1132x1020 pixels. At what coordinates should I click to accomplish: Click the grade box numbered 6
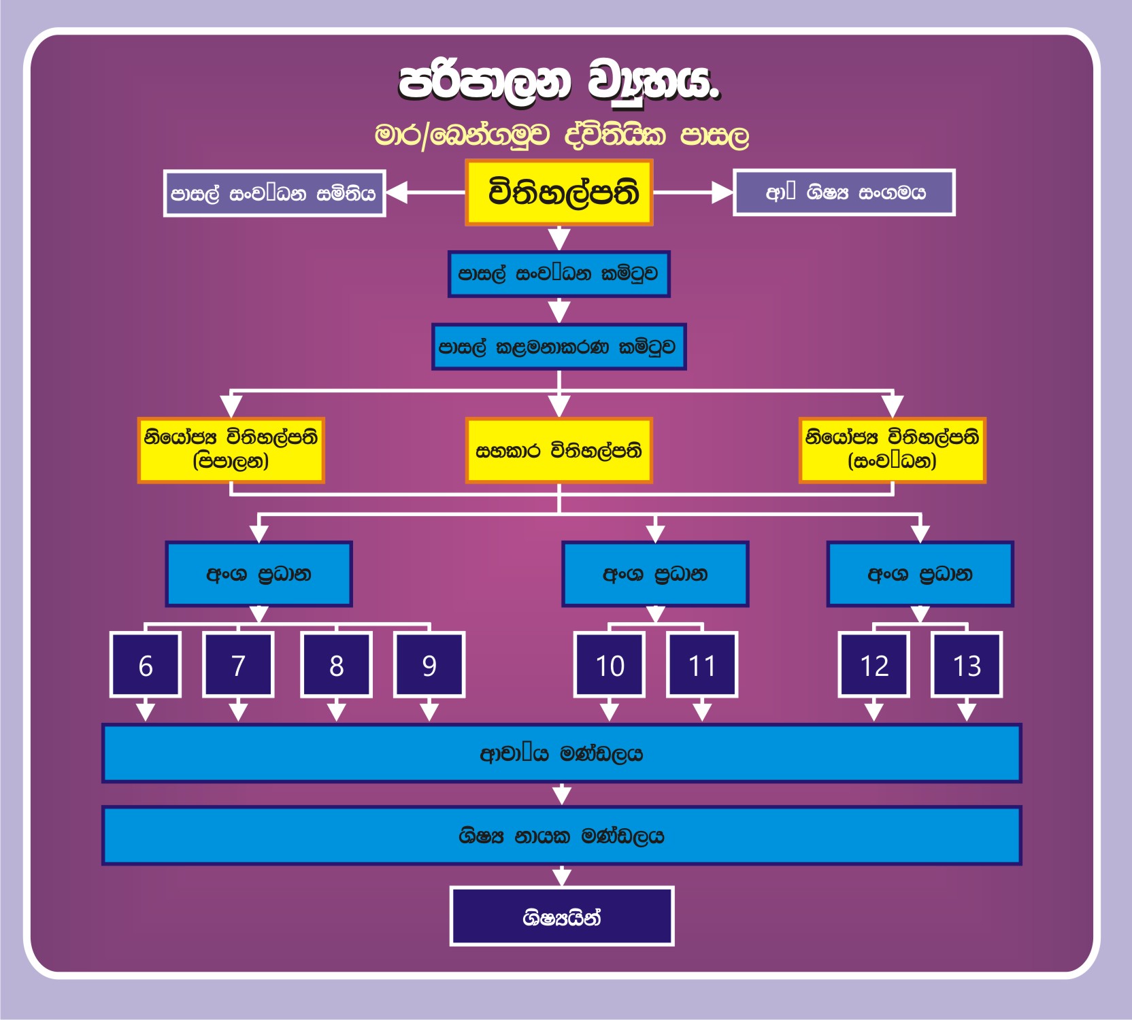146,665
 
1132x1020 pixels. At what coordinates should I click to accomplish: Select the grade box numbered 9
429,665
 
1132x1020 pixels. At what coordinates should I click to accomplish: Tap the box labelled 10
610,665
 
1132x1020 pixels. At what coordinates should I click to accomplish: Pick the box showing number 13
967,665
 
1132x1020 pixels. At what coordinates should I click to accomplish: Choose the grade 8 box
337,665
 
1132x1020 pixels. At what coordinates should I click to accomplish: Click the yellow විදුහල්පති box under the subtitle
559,192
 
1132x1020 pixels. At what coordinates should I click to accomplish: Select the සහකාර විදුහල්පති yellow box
559,450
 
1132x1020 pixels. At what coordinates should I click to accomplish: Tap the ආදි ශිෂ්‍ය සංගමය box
844,192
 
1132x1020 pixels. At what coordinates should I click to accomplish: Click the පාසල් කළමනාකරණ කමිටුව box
559,347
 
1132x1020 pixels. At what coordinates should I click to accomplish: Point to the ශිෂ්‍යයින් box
562,917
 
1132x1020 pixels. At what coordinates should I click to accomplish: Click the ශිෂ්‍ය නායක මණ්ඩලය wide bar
562,836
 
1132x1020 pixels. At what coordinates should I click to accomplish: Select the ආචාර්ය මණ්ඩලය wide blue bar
562,753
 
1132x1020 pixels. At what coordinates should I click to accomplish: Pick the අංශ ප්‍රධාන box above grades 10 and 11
655,574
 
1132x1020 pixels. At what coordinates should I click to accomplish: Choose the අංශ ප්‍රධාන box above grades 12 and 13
920,574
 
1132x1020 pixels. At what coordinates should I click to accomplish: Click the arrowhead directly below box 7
238,712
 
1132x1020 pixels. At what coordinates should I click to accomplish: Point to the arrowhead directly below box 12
874,712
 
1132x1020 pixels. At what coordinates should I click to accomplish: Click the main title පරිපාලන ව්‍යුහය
559,83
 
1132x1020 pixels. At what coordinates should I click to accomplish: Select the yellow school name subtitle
562,135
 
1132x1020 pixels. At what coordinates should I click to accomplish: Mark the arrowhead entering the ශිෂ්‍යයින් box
562,877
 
